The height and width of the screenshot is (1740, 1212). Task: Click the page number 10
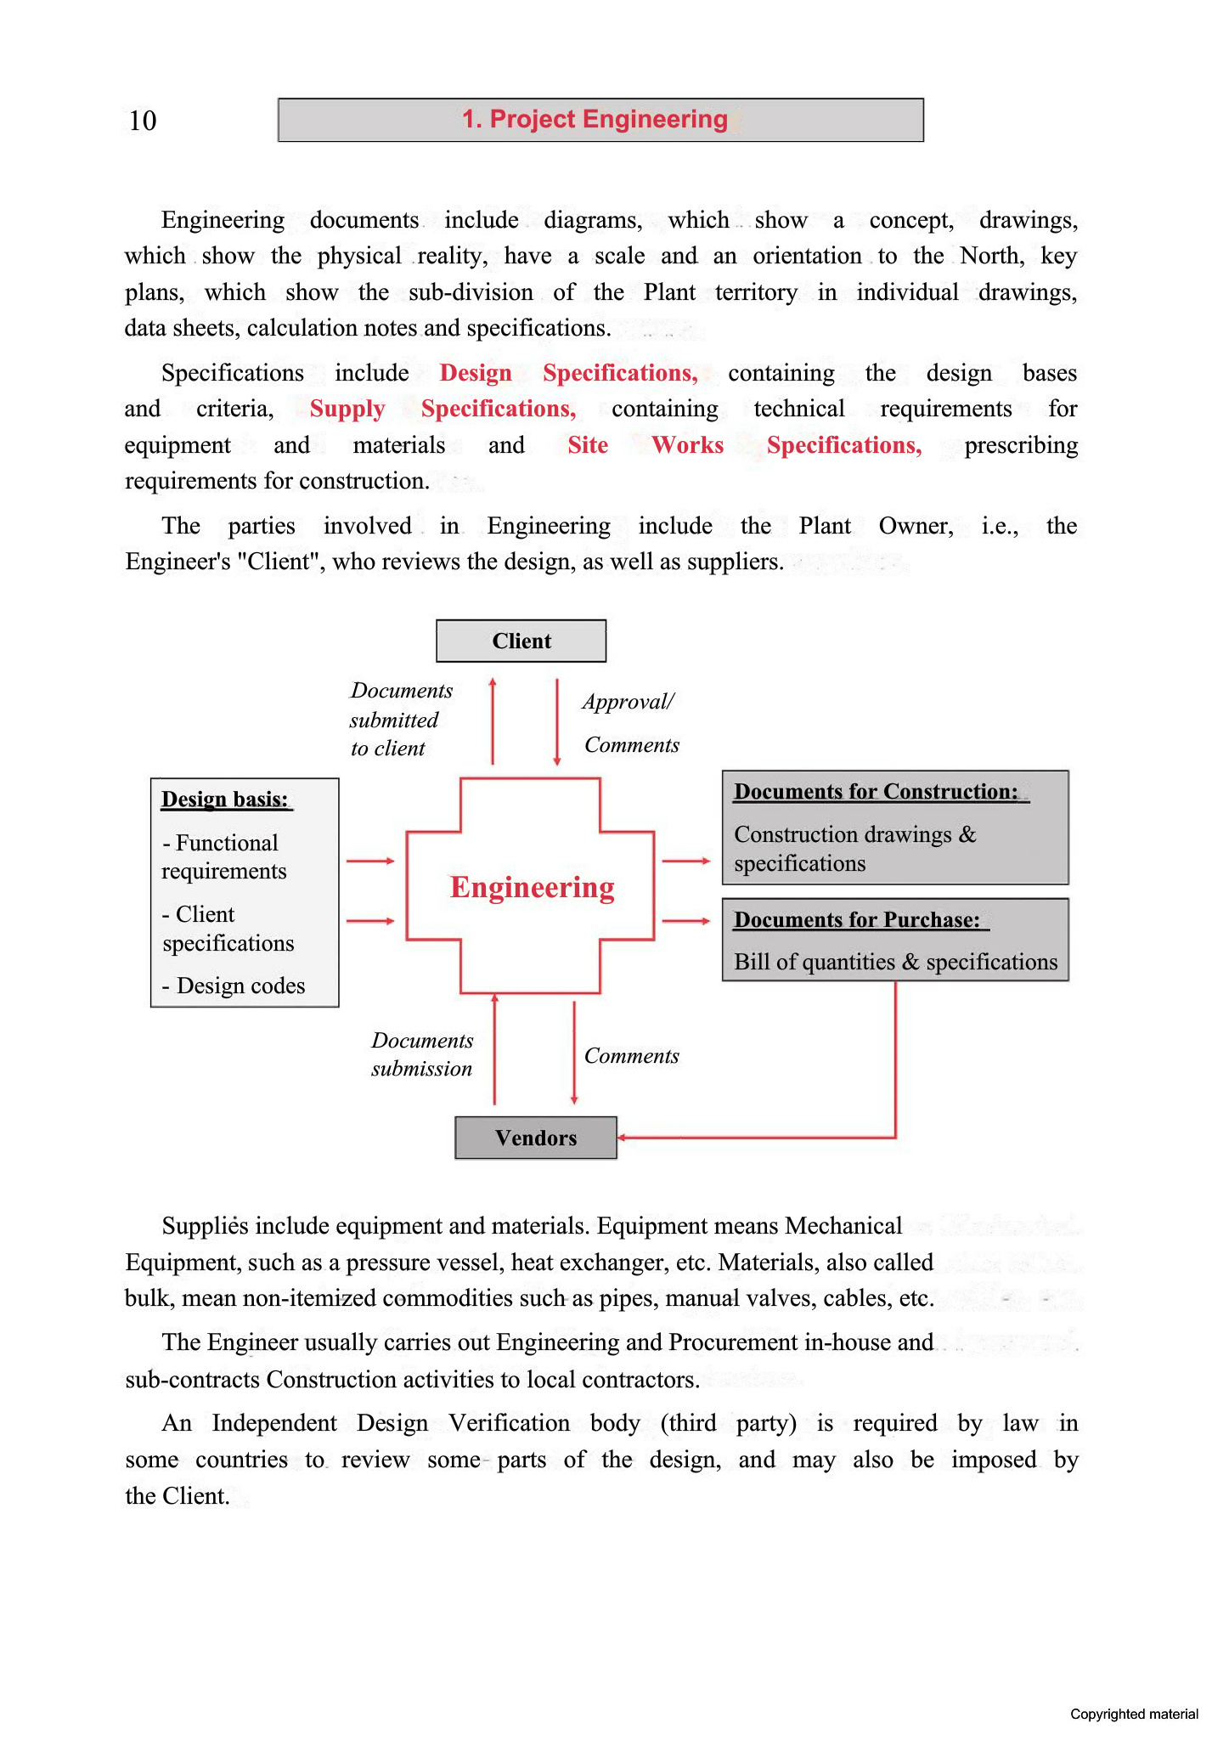point(143,121)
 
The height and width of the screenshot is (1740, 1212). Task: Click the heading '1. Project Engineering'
point(595,120)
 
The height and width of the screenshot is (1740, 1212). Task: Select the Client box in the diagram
point(521,641)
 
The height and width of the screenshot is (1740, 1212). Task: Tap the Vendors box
point(535,1138)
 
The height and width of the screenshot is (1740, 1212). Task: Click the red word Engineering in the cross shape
point(532,887)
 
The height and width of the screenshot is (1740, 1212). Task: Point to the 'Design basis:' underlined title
point(225,799)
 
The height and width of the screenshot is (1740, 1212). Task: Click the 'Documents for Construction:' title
point(877,792)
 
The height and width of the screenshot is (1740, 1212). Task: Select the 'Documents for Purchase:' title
point(857,920)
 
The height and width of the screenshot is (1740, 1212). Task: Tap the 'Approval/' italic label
point(628,702)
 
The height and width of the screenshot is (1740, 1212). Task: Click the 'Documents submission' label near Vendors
point(422,1054)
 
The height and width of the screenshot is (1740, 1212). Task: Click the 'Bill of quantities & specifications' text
point(895,962)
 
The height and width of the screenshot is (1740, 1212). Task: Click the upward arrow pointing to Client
point(493,720)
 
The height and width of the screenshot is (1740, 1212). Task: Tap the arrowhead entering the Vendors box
point(623,1138)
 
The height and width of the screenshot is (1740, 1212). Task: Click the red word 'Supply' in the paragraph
point(347,410)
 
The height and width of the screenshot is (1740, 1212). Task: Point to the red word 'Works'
point(687,445)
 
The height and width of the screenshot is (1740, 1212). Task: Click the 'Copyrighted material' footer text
point(1133,1714)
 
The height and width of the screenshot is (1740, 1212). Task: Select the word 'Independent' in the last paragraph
point(273,1423)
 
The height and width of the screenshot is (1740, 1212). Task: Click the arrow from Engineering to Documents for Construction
point(685,862)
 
